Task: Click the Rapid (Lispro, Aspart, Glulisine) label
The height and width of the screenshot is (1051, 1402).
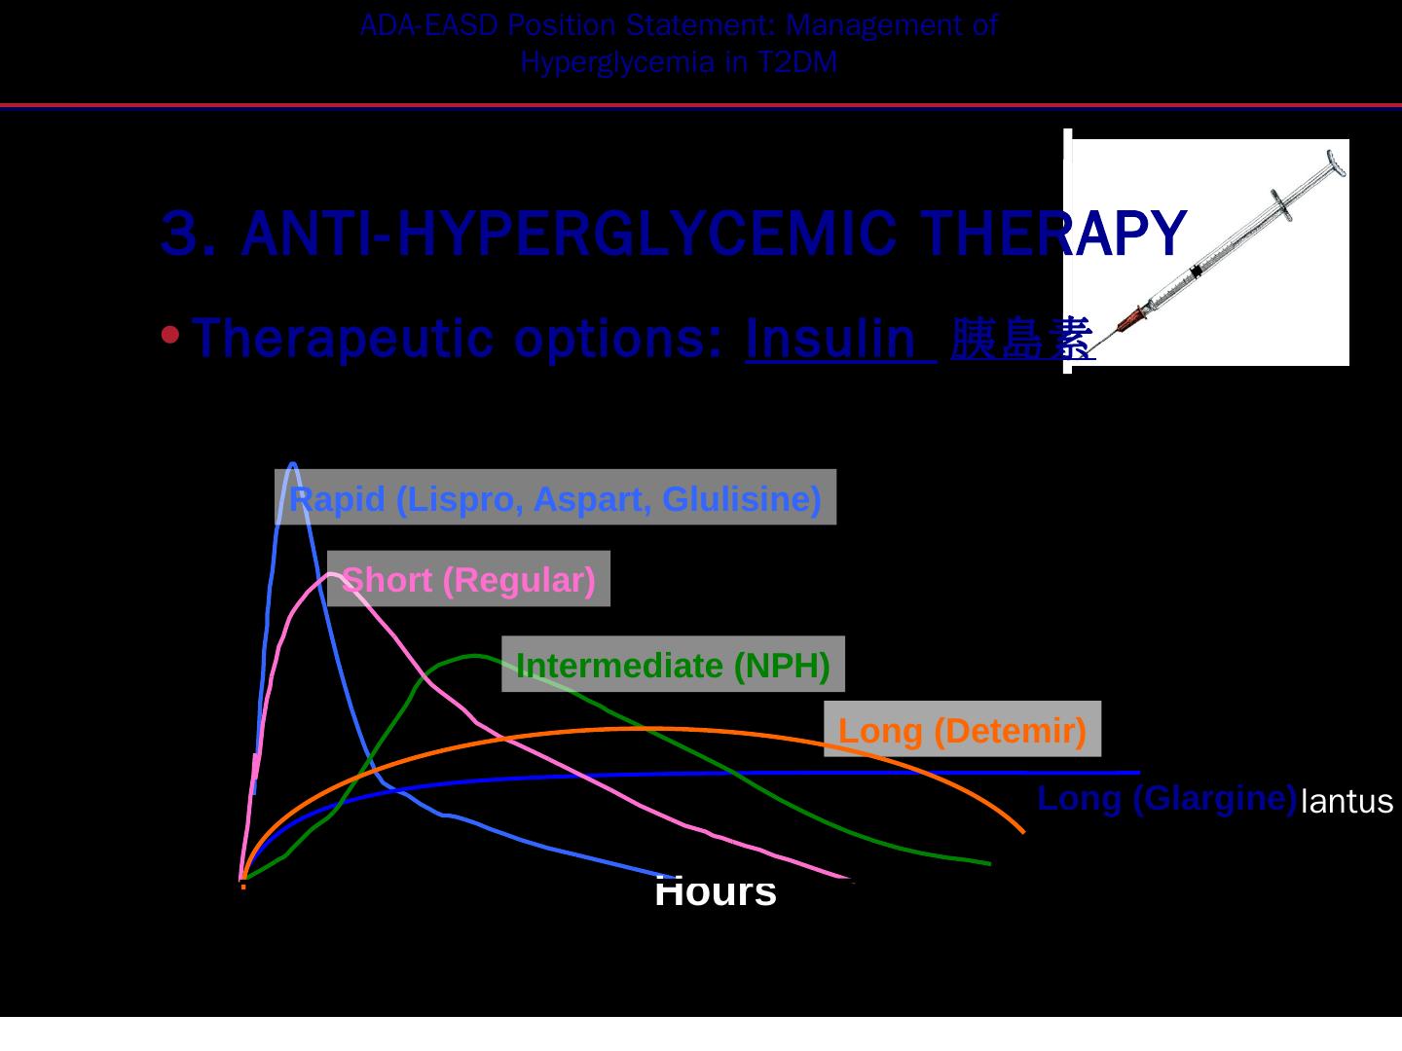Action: coord(555,498)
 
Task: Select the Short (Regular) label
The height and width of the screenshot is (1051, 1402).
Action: coord(468,580)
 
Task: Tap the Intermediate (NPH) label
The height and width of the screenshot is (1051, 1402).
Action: coord(673,666)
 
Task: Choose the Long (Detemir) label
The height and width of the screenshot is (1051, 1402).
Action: coord(962,730)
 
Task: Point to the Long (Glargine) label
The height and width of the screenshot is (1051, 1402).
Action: coord(1166,798)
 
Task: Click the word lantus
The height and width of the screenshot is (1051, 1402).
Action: coord(1347,802)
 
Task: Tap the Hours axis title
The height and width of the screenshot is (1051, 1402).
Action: coord(716,891)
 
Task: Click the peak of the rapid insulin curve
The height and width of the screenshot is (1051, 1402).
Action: coord(293,464)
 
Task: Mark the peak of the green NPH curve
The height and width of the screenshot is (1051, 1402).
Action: coord(475,656)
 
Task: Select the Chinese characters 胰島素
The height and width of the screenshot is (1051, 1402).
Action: coord(1022,339)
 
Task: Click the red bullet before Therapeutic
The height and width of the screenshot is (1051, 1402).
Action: coord(170,337)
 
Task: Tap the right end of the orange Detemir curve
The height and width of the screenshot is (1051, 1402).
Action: coord(1022,831)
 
